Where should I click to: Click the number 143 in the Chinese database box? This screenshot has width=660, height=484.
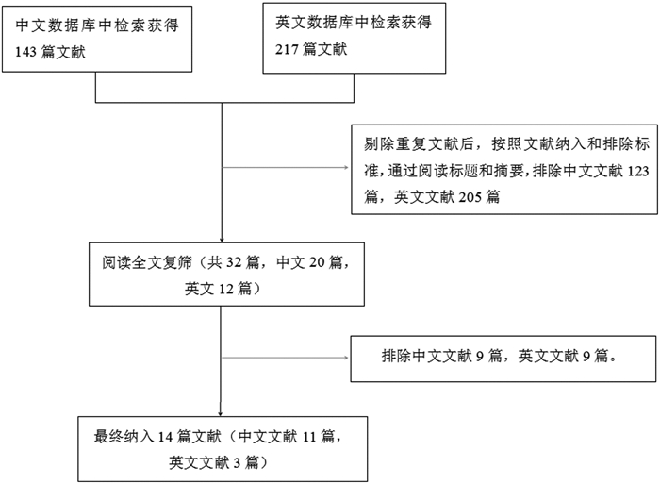click(x=25, y=52)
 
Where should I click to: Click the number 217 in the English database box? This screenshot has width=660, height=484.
click(x=287, y=49)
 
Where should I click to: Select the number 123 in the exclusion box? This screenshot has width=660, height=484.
click(x=638, y=171)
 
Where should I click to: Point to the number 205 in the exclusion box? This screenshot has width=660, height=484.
click(x=470, y=197)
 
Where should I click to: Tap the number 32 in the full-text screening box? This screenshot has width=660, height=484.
click(x=234, y=262)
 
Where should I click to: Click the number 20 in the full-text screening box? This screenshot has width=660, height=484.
click(x=317, y=262)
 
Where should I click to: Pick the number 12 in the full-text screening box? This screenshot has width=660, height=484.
click(x=226, y=289)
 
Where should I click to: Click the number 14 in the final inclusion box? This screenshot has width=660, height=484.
click(x=165, y=437)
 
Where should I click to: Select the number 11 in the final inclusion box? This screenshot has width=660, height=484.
click(x=309, y=437)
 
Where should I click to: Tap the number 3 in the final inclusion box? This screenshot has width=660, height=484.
click(x=237, y=463)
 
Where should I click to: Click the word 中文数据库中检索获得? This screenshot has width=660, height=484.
click(x=97, y=25)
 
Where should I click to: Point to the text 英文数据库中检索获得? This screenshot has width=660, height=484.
click(x=354, y=23)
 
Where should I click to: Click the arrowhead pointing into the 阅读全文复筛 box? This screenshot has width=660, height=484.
click(x=222, y=240)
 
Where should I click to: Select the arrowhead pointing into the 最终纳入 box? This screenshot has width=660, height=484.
click(x=220, y=414)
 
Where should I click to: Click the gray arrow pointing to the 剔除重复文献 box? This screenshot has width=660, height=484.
click(x=285, y=168)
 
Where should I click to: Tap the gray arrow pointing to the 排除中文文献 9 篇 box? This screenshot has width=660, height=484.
click(x=285, y=358)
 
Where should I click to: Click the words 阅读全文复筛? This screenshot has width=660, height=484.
click(x=146, y=262)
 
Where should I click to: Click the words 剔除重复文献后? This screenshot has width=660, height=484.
click(x=420, y=144)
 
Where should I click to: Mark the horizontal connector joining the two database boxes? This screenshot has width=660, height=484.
click(x=224, y=102)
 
